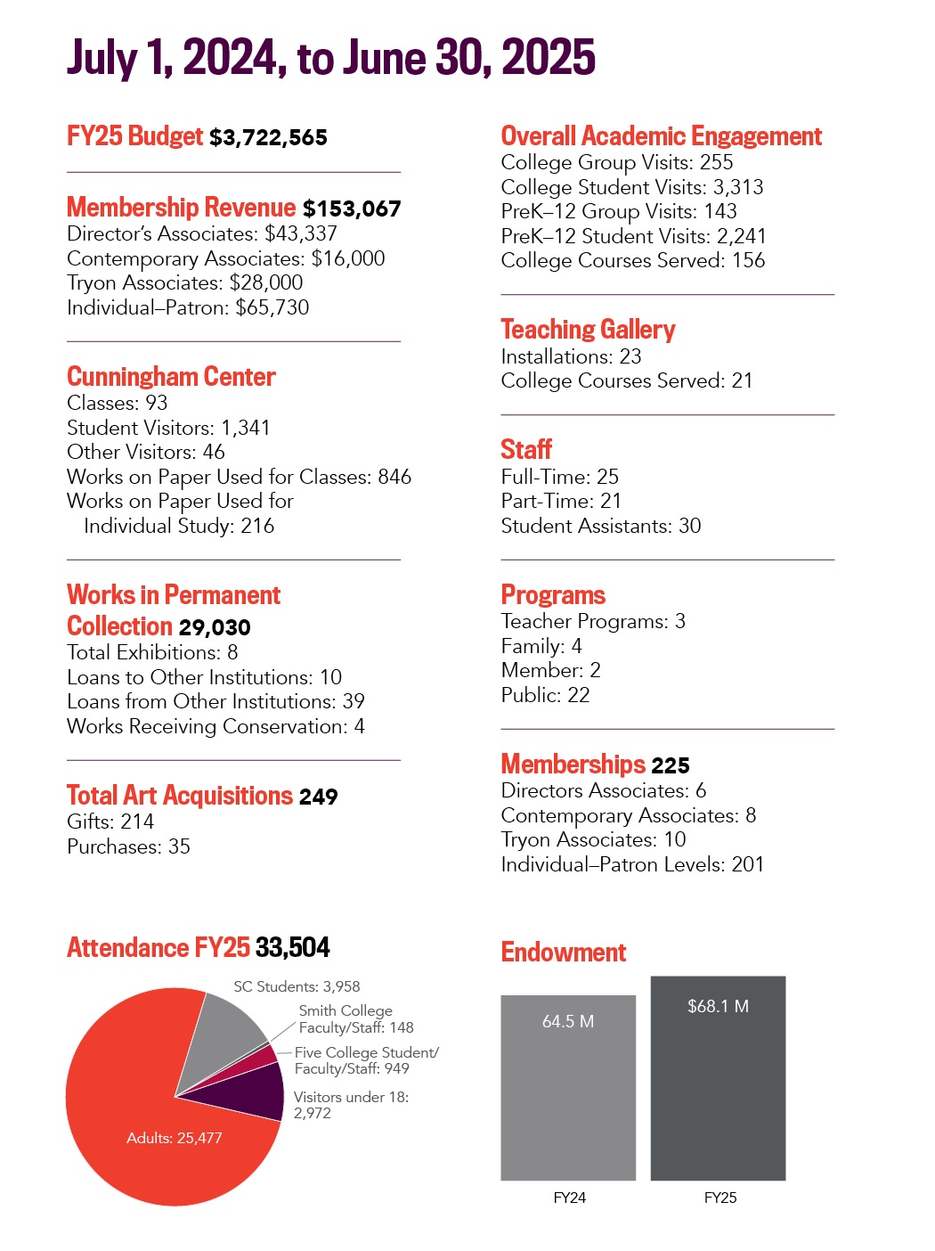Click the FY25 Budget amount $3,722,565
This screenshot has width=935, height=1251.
pyautogui.click(x=268, y=137)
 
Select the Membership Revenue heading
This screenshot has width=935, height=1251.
pyautogui.click(x=181, y=208)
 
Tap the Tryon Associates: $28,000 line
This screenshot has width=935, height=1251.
pyautogui.click(x=184, y=282)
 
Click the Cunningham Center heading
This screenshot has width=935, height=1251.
pyautogui.click(x=171, y=377)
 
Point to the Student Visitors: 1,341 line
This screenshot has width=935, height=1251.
pyautogui.click(x=168, y=428)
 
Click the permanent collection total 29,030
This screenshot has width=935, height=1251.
pyautogui.click(x=215, y=627)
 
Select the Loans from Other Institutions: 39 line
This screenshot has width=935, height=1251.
pyautogui.click(x=215, y=701)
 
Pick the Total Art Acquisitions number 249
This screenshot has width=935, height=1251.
pyautogui.click(x=319, y=797)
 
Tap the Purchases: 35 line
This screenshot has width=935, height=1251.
pyautogui.click(x=128, y=846)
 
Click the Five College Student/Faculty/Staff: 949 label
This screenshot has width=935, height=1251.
pyautogui.click(x=366, y=1060)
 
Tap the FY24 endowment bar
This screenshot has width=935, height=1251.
pyautogui.click(x=568, y=1096)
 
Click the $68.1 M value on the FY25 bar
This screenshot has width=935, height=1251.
pyautogui.click(x=718, y=1006)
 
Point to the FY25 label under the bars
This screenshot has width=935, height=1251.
pyautogui.click(x=720, y=1198)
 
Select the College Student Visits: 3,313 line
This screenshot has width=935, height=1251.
pyautogui.click(x=631, y=187)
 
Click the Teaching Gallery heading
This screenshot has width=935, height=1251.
pyautogui.click(x=588, y=330)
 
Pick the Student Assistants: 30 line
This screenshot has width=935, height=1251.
pyautogui.click(x=600, y=526)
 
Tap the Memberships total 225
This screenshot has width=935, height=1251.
pyautogui.click(x=670, y=765)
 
